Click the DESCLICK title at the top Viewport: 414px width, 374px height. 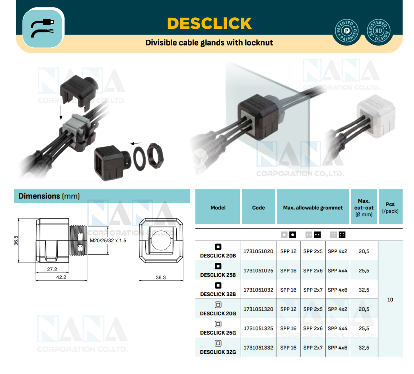(210, 23)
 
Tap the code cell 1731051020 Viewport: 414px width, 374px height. (258, 251)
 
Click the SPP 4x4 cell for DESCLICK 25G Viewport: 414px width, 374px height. (337, 329)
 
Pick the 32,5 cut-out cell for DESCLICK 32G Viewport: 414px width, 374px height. (364, 348)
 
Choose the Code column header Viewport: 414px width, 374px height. (259, 208)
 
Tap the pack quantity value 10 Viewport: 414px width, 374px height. (390, 300)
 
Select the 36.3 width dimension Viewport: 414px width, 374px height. (160, 277)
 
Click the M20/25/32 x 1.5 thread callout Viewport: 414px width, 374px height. (108, 241)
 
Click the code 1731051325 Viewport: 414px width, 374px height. (258, 329)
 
